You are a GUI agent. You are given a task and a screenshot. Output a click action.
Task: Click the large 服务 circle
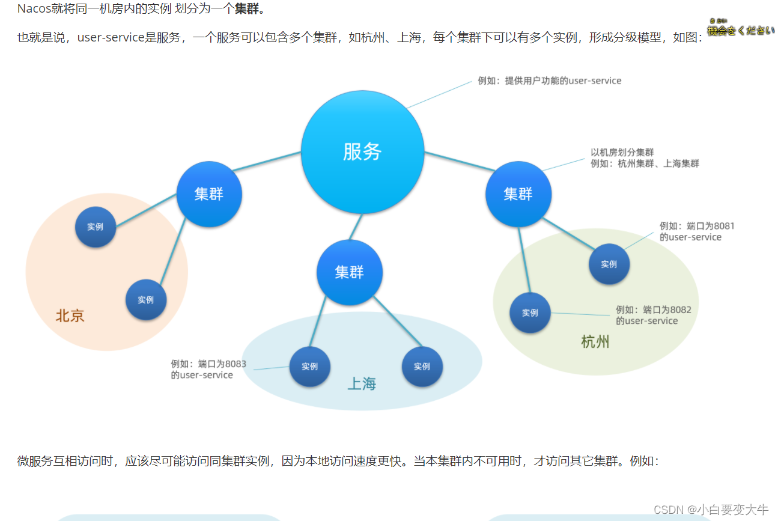click(x=362, y=152)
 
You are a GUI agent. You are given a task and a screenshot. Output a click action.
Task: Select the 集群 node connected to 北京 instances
click(x=209, y=194)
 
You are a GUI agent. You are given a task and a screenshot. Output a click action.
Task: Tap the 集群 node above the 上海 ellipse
click(x=349, y=272)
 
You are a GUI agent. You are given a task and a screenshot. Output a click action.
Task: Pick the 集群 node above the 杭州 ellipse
click(x=518, y=194)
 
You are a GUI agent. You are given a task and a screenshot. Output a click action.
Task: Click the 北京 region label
click(x=70, y=316)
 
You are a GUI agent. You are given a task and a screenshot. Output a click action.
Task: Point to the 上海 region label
click(x=362, y=383)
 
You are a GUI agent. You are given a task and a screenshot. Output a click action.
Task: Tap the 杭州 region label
click(x=595, y=343)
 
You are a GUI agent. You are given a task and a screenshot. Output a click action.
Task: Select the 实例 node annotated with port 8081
click(x=609, y=264)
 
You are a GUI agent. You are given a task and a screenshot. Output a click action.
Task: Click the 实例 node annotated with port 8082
click(x=530, y=313)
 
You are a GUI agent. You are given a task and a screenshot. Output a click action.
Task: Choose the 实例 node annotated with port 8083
click(x=309, y=367)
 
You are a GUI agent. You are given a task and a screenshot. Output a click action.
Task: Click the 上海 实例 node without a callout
click(x=422, y=367)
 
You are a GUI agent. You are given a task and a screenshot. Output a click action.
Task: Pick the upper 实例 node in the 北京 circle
click(x=95, y=227)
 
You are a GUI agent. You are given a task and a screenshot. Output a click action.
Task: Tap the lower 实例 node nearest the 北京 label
click(x=145, y=300)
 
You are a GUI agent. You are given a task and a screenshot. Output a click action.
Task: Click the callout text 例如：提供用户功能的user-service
click(x=549, y=81)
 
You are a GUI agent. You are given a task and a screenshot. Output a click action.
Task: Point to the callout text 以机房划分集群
click(x=622, y=153)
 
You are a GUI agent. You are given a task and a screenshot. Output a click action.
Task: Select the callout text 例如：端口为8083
click(x=208, y=364)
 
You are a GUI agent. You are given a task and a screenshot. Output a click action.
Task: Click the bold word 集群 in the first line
click(x=247, y=9)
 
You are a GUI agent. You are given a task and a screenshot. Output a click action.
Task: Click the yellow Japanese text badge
click(x=740, y=29)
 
